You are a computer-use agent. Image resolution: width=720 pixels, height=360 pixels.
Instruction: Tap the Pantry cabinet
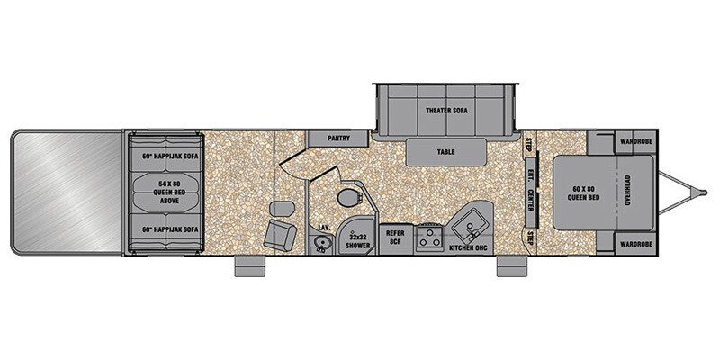[x=338, y=139]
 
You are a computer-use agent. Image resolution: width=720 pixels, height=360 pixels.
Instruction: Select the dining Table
[x=445, y=152]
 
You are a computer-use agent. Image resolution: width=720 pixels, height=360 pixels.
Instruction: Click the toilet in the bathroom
[x=351, y=198]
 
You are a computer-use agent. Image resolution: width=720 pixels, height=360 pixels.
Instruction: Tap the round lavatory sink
[x=322, y=241]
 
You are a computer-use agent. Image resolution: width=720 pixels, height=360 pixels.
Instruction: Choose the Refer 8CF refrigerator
[x=395, y=238]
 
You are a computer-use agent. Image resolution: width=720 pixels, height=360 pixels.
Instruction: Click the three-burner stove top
[x=430, y=238]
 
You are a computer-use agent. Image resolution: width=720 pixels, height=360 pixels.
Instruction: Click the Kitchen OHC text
[x=468, y=248]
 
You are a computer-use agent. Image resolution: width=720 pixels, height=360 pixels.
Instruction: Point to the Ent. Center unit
[x=531, y=193]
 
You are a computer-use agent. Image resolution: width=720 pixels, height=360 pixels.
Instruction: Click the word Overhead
[x=627, y=191]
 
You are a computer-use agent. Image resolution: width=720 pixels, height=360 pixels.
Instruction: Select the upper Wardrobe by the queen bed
[x=634, y=142]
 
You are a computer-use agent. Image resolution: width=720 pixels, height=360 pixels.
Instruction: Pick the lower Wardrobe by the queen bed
[x=634, y=244]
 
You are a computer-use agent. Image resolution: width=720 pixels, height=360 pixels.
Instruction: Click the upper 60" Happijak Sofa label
[x=170, y=156]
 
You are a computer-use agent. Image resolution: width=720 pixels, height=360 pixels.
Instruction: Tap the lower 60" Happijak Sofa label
[x=170, y=229]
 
